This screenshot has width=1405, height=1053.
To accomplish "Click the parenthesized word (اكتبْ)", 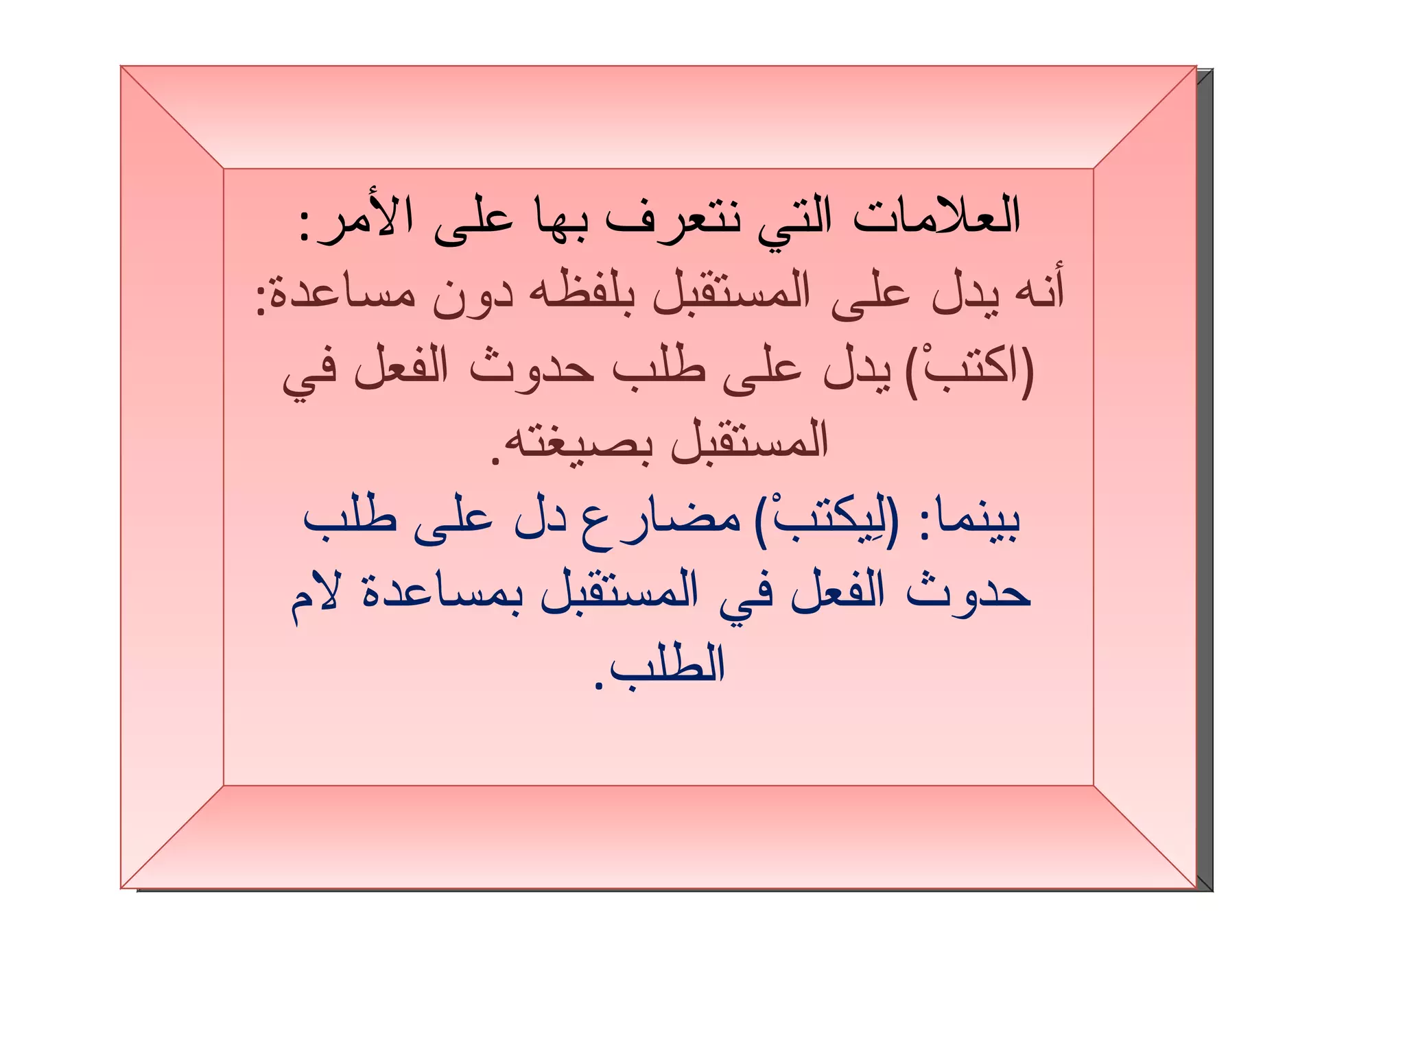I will point(970,370).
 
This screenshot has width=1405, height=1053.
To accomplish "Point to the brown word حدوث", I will point(532,370).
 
